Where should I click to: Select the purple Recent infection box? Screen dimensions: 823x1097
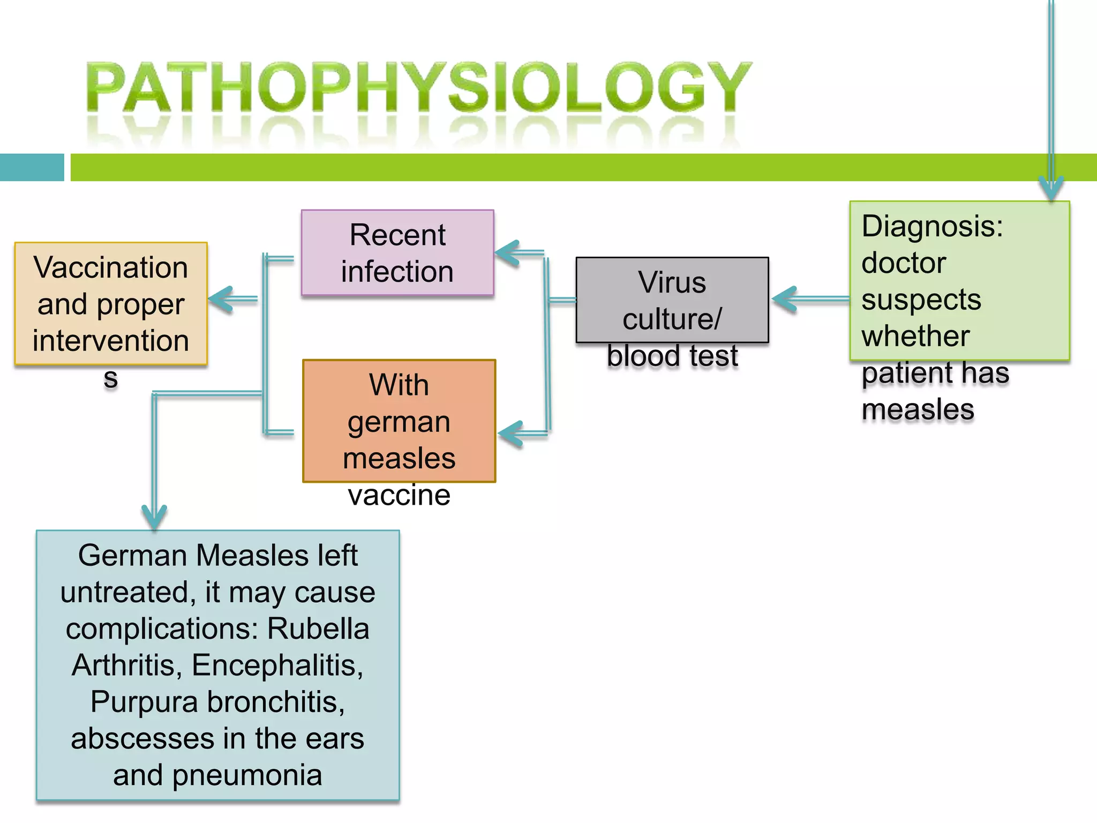click(397, 252)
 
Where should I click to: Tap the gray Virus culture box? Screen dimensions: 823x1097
click(672, 300)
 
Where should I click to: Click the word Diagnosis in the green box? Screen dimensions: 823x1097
click(932, 226)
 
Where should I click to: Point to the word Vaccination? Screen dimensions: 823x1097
click(110, 267)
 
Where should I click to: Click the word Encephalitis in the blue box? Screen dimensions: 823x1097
click(277, 665)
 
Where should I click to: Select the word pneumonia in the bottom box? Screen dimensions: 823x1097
click(247, 775)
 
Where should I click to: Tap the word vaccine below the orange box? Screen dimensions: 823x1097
click(399, 495)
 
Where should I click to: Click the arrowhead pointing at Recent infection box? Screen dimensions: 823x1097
click(506, 253)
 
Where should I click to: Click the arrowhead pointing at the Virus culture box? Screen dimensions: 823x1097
click(784, 300)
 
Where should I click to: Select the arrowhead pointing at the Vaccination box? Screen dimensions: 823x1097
click(220, 299)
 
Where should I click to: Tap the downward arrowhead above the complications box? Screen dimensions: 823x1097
click(154, 517)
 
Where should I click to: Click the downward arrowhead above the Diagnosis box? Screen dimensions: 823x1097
click(1051, 189)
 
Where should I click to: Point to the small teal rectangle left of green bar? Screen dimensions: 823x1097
click(32, 167)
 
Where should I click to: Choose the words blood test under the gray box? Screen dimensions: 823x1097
click(672, 356)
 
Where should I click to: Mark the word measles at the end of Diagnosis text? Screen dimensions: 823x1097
click(918, 410)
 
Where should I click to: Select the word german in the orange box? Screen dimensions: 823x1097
click(399, 422)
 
